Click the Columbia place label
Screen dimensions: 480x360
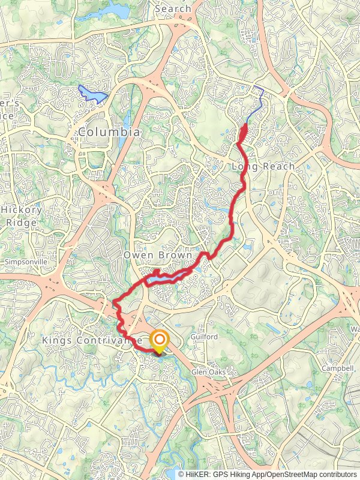tap(110, 131)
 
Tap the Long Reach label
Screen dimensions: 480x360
tap(263, 166)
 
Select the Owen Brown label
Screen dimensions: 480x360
tap(158, 256)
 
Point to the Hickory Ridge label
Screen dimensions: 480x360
tap(22, 216)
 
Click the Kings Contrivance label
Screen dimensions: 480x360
tap(91, 340)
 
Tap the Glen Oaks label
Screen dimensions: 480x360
tap(208, 372)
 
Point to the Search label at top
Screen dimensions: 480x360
tap(173, 9)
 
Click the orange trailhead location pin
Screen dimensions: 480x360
tap(159, 341)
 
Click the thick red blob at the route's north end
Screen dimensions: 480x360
tap(243, 133)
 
